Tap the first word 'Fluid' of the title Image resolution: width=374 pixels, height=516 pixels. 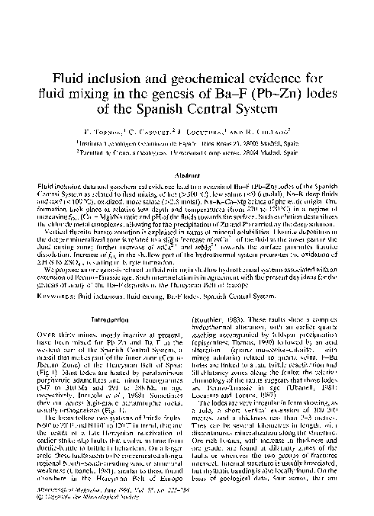pos(69,81)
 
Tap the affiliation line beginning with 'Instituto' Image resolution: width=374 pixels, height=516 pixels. pos(187,153)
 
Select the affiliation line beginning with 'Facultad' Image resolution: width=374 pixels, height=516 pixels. pos(187,162)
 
